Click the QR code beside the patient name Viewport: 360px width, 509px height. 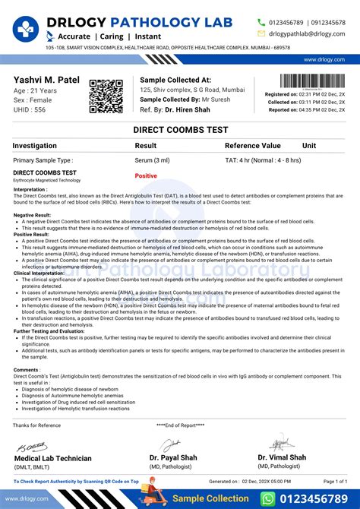[x=106, y=96]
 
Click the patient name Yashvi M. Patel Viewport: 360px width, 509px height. [x=46, y=80]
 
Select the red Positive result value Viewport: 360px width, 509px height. [x=146, y=175]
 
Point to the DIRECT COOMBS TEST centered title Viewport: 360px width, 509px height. [x=180, y=130]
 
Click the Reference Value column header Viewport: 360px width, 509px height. [x=252, y=145]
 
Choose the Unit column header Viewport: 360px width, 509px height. [x=309, y=145]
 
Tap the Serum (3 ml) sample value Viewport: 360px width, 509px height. [x=153, y=160]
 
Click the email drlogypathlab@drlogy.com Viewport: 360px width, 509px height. [x=307, y=33]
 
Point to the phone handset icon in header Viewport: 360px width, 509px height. [x=262, y=22]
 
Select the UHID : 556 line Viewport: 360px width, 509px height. [x=30, y=109]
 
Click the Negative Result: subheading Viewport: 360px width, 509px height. [x=33, y=215]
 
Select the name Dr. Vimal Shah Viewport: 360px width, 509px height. [x=282, y=457]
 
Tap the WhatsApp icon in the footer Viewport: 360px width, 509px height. [x=267, y=498]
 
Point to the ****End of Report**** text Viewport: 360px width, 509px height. [x=181, y=425]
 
